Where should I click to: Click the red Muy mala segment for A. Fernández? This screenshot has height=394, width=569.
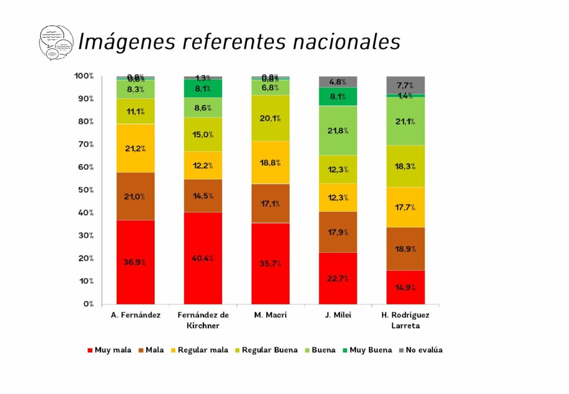136,262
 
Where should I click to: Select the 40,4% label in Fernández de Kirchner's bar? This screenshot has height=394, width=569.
203,258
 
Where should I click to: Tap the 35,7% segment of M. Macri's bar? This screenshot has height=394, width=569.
271,263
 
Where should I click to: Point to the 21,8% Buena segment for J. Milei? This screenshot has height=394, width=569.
338,131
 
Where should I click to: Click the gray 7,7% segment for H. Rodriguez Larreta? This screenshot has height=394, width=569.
406,85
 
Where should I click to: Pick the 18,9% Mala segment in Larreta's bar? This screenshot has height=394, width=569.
406,248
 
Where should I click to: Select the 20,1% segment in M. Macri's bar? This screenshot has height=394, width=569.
271,118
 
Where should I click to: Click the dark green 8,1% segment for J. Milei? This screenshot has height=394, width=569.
338,96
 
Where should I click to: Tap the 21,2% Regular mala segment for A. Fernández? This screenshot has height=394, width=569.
136,148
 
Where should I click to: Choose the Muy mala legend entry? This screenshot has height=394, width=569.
109,350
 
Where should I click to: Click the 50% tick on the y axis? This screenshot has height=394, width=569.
86,190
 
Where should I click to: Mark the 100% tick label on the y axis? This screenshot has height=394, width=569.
84,76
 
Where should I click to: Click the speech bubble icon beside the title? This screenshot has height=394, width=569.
56,42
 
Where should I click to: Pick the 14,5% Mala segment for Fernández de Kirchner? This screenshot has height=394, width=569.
203,196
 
